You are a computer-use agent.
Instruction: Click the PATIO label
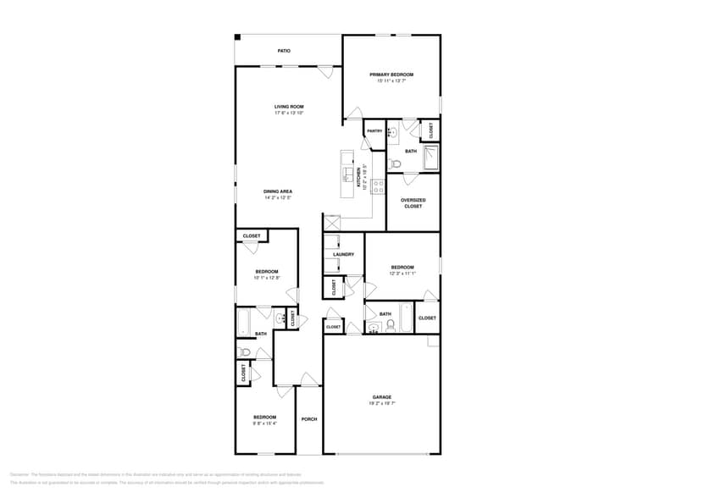(285, 51)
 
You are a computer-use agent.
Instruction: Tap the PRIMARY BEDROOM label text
(391, 75)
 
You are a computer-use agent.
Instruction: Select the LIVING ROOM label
(289, 107)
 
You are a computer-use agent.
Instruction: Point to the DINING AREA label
(278, 191)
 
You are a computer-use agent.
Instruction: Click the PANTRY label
(374, 131)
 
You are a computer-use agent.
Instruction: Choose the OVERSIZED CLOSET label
(413, 203)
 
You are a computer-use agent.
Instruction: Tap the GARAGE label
(382, 396)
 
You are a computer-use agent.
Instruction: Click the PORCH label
(309, 418)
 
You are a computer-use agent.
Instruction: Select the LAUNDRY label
(343, 254)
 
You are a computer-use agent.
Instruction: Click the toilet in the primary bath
(395, 163)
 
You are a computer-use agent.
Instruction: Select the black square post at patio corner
(238, 37)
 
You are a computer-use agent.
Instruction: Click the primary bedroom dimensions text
(391, 81)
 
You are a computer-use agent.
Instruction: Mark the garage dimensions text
(382, 403)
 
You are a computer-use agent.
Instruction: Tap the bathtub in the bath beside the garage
(404, 317)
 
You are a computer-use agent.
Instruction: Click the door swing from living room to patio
(325, 73)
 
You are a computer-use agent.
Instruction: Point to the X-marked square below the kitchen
(331, 222)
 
